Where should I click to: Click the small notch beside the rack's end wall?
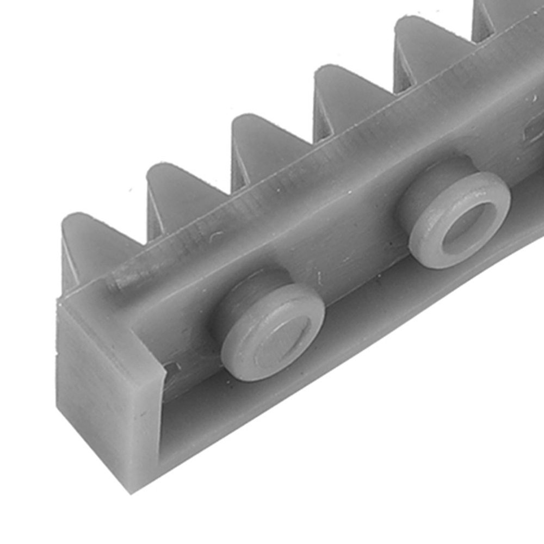click(173, 369)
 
